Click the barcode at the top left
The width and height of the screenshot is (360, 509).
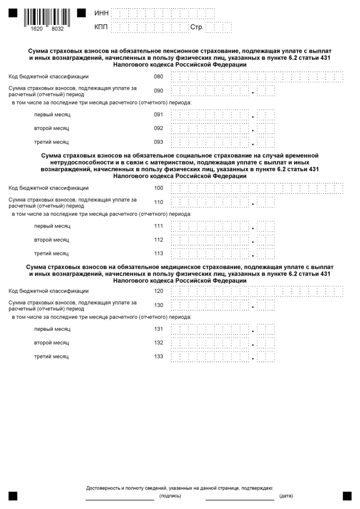pyautogui.click(x=47, y=16)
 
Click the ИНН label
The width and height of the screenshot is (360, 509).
pyautogui.click(x=102, y=14)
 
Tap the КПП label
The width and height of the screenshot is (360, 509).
pyautogui.click(x=102, y=28)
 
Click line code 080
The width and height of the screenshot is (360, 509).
pyautogui.click(x=158, y=76)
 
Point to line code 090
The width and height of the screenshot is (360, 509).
pyautogui.click(x=158, y=91)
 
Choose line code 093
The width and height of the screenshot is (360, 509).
pyautogui.click(x=158, y=142)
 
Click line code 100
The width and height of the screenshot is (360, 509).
pyautogui.click(x=158, y=188)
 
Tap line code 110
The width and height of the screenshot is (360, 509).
pyautogui.click(x=158, y=202)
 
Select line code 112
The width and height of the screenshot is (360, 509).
pyautogui.click(x=158, y=240)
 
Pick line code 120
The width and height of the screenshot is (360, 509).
pyautogui.click(x=158, y=291)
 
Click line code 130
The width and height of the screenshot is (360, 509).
pyautogui.click(x=158, y=305)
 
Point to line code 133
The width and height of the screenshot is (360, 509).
pyautogui.click(x=158, y=357)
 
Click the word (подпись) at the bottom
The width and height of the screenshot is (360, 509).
pyautogui.click(x=170, y=496)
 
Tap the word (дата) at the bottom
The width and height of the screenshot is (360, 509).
pyautogui.click(x=286, y=496)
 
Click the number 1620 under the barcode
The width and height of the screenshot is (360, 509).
pyautogui.click(x=37, y=29)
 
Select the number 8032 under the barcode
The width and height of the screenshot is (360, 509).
pyautogui.click(x=58, y=29)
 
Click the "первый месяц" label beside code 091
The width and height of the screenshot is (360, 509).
pyautogui.click(x=52, y=115)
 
